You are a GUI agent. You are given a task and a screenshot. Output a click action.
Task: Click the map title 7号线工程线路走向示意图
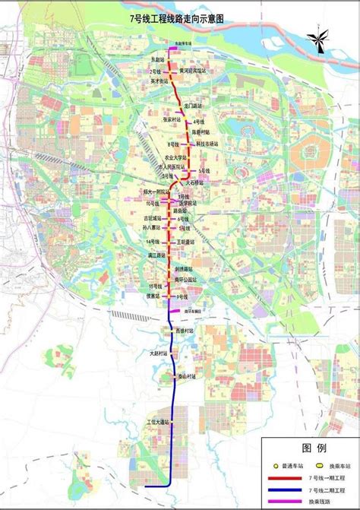tap(181, 14)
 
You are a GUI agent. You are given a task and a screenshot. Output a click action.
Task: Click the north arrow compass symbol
tap(318, 43)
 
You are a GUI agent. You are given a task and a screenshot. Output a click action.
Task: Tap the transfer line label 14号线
tap(152, 241)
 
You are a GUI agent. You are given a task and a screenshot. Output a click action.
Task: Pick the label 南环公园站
tap(185, 279)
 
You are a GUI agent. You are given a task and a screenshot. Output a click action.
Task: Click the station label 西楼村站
tap(185, 331)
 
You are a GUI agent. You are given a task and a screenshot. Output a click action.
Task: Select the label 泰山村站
tap(188, 375)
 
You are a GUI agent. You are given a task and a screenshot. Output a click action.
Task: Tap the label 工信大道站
tap(157, 420)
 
